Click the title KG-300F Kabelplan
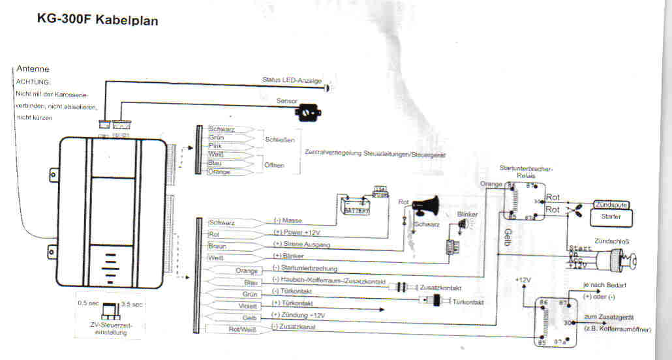(98, 20)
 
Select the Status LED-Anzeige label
(292, 80)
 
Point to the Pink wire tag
(215, 146)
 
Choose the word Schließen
(281, 140)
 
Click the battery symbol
(356, 205)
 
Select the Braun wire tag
(218, 247)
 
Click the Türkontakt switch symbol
(432, 301)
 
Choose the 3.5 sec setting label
(133, 305)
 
